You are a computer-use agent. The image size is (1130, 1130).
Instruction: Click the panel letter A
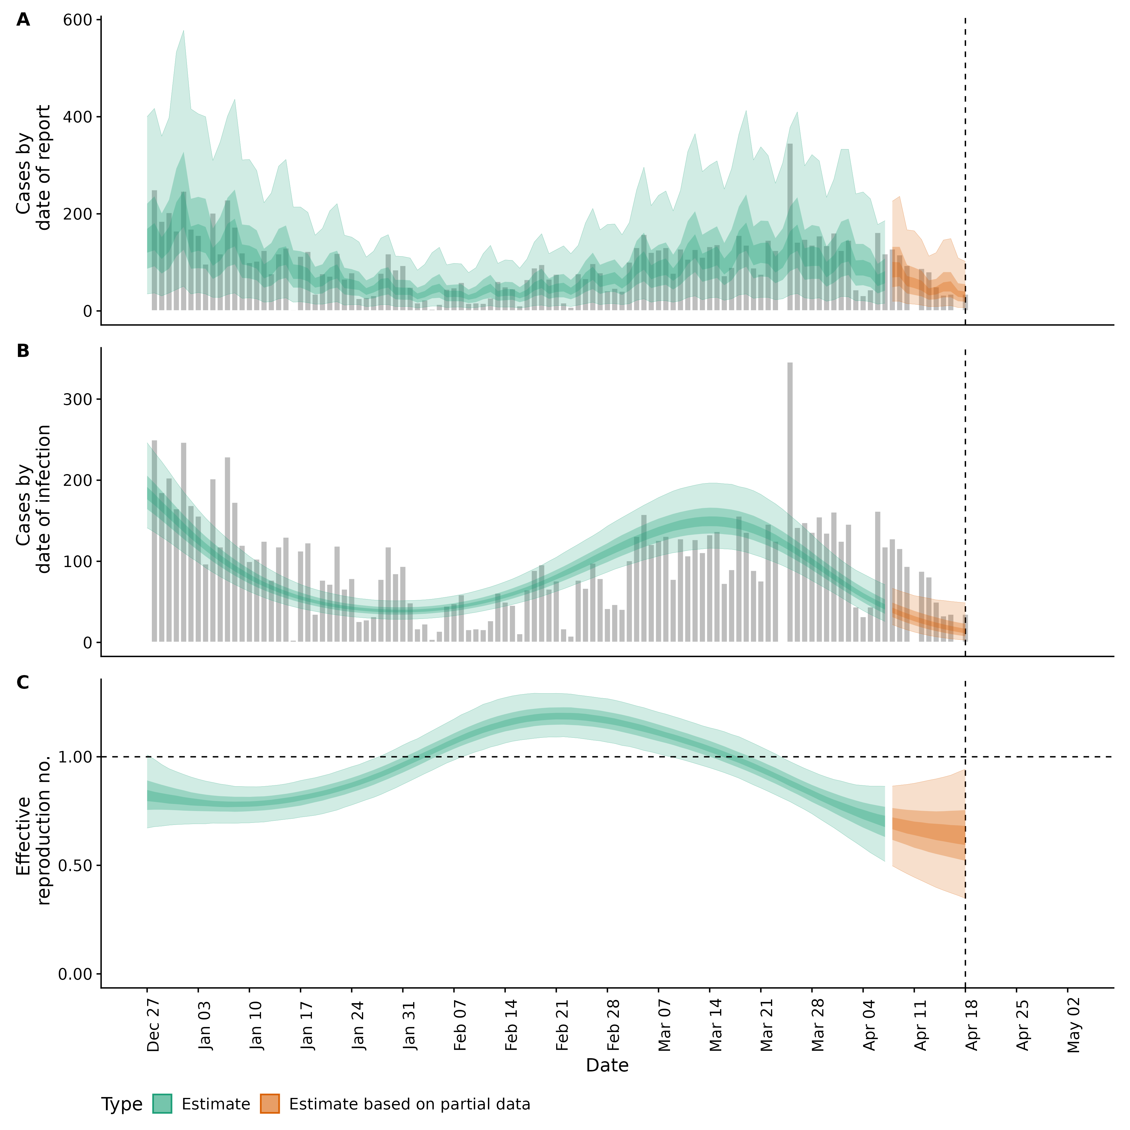click(x=23, y=20)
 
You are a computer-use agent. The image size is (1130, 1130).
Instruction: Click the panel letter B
click(x=23, y=351)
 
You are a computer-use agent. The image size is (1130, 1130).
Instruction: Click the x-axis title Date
click(x=607, y=1066)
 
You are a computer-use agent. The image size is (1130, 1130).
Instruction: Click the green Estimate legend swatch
click(x=162, y=1104)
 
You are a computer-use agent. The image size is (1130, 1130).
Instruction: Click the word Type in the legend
click(x=122, y=1104)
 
